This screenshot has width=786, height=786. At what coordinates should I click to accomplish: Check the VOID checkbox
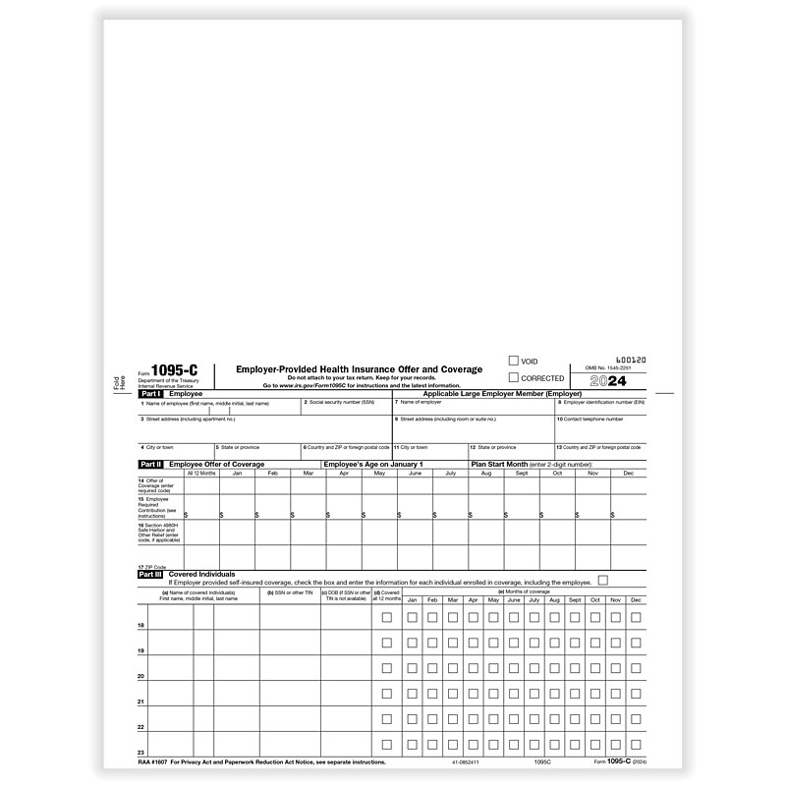click(513, 361)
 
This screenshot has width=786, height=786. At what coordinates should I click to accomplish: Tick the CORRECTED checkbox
click(513, 377)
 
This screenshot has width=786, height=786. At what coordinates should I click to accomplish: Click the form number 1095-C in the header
click(161, 367)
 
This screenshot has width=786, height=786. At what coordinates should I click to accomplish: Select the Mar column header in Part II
click(309, 473)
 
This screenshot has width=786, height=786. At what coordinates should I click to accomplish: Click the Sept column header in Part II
click(522, 473)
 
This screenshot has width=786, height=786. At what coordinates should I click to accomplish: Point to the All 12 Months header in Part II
click(200, 473)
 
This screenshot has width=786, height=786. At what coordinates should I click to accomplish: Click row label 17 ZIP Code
click(153, 568)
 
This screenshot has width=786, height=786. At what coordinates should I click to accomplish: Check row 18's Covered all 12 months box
click(386, 617)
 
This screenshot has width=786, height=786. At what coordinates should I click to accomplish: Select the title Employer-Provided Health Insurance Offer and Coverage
click(359, 368)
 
